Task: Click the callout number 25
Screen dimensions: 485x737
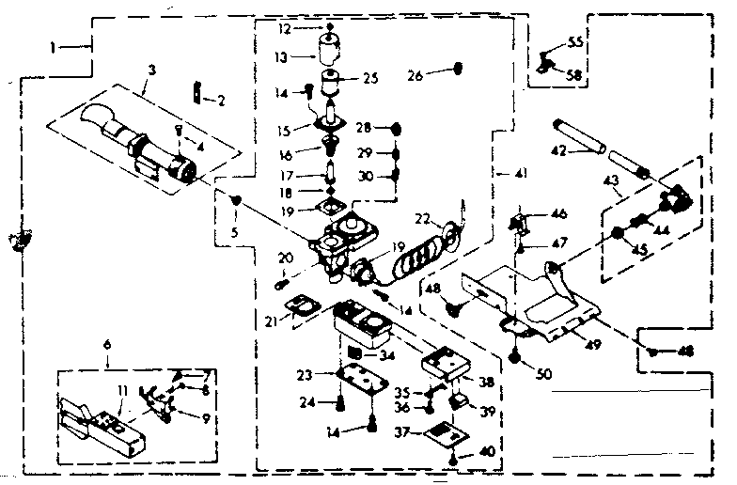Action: pos(368,78)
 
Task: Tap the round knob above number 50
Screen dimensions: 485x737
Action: pos(516,356)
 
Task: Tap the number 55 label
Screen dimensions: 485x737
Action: pos(575,44)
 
